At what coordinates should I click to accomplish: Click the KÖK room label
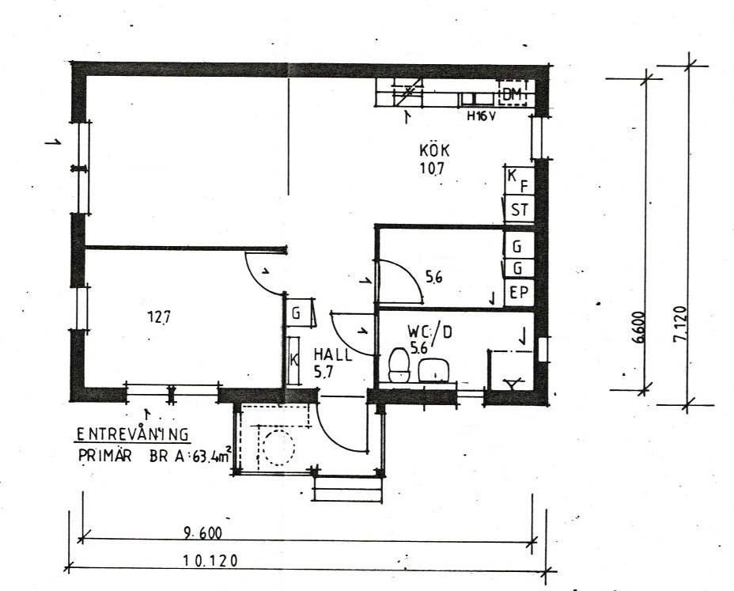(434, 150)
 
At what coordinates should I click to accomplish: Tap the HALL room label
(333, 354)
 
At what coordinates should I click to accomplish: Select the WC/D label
(429, 331)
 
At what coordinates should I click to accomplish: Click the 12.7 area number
(159, 317)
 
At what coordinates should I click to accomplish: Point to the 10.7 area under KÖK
(432, 168)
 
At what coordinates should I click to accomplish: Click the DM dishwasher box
(513, 94)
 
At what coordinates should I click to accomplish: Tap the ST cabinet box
(519, 209)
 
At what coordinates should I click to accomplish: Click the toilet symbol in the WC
(399, 365)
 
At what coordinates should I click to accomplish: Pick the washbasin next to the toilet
(433, 370)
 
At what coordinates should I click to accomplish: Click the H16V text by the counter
(481, 116)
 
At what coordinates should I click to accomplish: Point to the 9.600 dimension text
(203, 532)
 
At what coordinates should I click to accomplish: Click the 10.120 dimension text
(210, 560)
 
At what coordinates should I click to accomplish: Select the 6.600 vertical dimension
(639, 328)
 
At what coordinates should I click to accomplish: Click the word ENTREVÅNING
(132, 434)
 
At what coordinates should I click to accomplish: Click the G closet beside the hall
(298, 313)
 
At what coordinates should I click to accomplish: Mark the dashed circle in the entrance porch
(279, 447)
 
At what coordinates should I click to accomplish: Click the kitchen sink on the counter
(476, 99)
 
